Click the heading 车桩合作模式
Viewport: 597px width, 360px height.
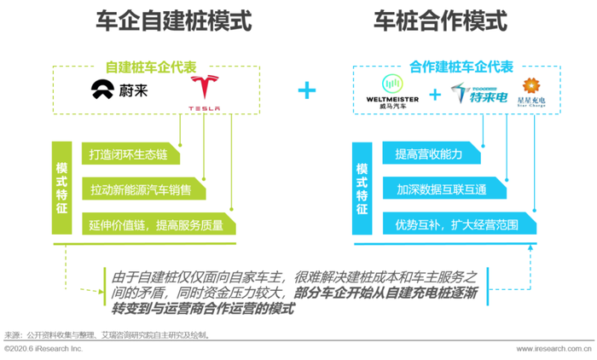coord(439,21)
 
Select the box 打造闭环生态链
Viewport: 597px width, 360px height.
coord(129,154)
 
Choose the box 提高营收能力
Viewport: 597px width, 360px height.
coord(430,154)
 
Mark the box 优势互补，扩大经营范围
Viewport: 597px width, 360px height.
coord(455,224)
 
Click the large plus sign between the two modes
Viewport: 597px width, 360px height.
coord(306,91)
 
